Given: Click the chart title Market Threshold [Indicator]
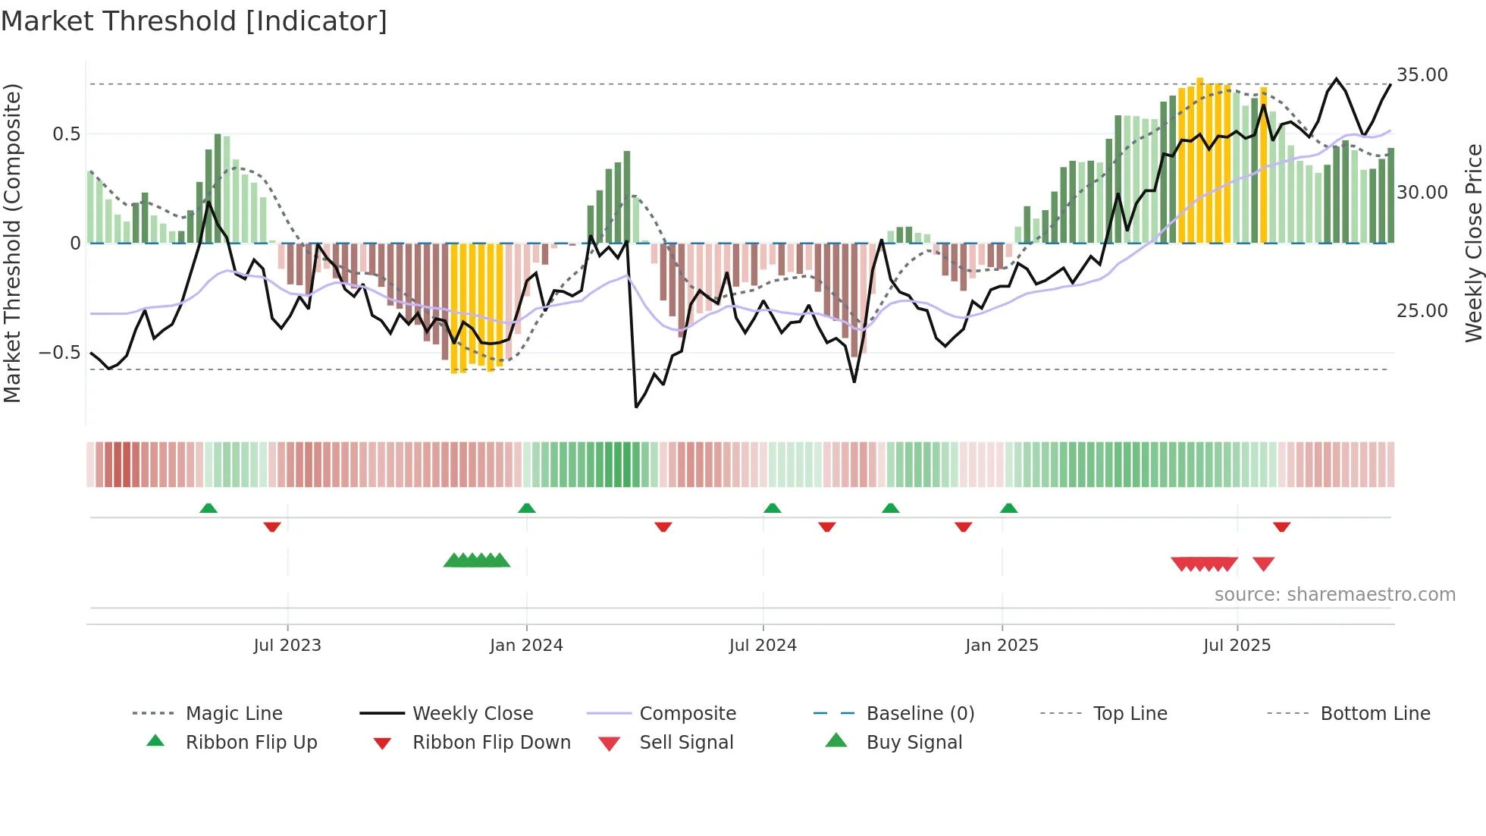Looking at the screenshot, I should click(194, 21).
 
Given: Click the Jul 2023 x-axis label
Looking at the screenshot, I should click(287, 646).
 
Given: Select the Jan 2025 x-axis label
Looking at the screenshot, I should click(1002, 646).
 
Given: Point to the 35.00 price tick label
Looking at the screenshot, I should click(1422, 75).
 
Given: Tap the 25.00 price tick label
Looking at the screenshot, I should click(1422, 311).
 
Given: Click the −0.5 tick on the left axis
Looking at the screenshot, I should click(60, 353).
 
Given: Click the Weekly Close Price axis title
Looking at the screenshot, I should click(1473, 243).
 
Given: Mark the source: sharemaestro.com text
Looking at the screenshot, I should click(1334, 595).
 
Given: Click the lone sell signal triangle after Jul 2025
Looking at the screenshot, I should click(1263, 564).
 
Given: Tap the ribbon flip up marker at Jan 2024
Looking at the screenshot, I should click(527, 508).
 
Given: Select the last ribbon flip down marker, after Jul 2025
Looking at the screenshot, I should click(1281, 526).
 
